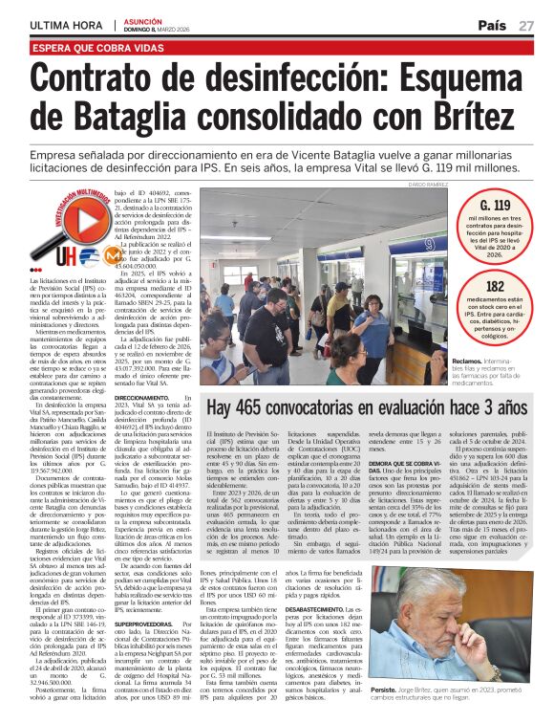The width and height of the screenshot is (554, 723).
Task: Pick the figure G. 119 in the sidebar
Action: (495, 206)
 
